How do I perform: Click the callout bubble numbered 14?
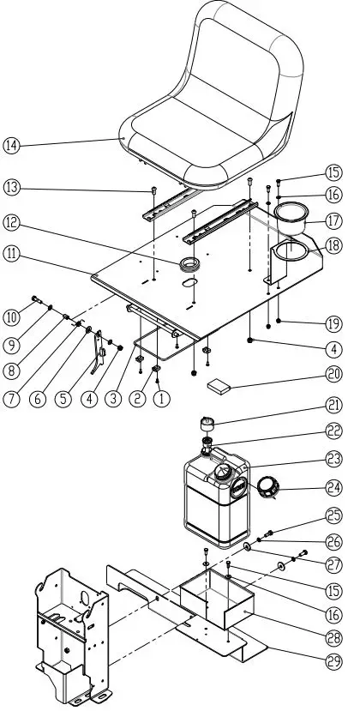pos(12,145)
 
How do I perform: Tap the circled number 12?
pos(12,222)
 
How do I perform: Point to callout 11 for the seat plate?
pos(12,254)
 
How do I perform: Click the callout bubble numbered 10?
pos(12,317)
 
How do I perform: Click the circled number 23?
pos(333,458)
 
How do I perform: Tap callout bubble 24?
pos(333,491)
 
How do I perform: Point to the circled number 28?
pos(333,636)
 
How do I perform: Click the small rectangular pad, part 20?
pos(220,387)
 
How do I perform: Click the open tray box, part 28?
pos(214,600)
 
